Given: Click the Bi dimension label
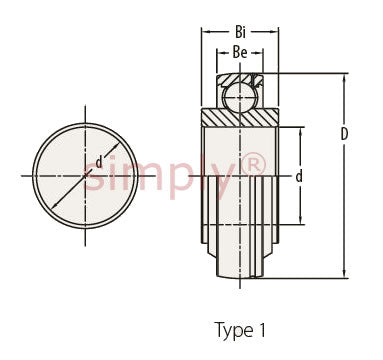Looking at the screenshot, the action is click(x=240, y=32).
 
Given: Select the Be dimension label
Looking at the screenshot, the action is click(x=240, y=52).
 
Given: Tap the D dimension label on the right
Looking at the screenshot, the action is click(x=344, y=134).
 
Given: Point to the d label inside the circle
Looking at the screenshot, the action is click(x=99, y=162).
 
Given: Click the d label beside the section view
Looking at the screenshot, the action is click(x=299, y=176).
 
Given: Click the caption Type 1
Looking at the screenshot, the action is click(x=240, y=330).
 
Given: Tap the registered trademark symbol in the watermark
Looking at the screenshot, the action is click(x=254, y=164).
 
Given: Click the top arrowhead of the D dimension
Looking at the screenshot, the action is click(x=344, y=77).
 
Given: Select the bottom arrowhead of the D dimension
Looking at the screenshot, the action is click(x=344, y=273).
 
